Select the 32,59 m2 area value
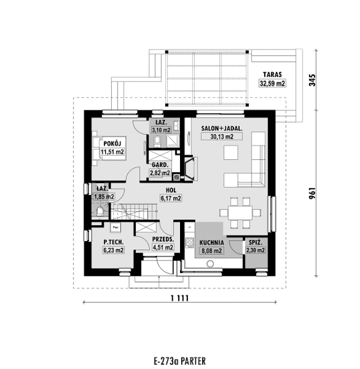point(272,83)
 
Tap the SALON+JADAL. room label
point(221,129)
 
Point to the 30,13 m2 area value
point(221,137)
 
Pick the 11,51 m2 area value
point(112,152)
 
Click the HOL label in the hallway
point(170,191)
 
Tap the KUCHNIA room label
point(212,242)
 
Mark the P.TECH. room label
point(114,242)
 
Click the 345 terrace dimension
point(312,79)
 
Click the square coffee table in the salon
point(231,153)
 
